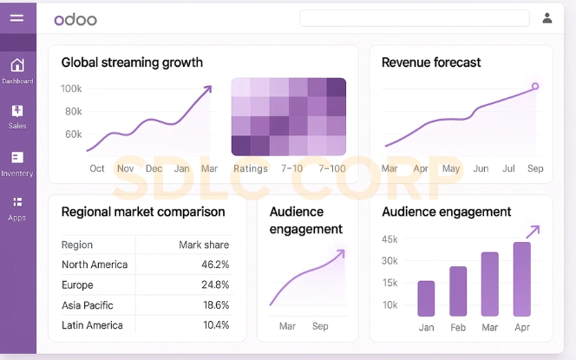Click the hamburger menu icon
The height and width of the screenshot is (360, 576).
tap(16, 17)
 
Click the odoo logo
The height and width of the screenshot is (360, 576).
tap(75, 19)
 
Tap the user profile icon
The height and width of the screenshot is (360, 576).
tap(547, 18)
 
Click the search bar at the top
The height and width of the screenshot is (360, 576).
tap(414, 18)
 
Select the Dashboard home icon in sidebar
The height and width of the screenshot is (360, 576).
tap(17, 66)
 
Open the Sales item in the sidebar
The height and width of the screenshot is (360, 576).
tap(17, 112)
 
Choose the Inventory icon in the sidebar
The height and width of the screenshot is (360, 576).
tap(17, 158)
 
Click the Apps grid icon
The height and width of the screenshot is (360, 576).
tap(17, 203)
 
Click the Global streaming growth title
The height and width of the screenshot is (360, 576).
tap(132, 62)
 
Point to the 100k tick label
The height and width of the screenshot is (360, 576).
tap(71, 88)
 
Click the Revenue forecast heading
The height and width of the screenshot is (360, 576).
tap(431, 62)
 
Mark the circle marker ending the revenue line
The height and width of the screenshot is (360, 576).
tap(534, 86)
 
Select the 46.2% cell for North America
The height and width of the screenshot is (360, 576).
tap(215, 265)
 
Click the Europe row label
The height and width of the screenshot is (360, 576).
tap(78, 285)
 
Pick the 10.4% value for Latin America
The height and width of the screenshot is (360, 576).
tap(215, 325)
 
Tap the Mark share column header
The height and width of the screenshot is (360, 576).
tap(204, 245)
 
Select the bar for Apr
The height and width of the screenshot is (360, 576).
tap(521, 279)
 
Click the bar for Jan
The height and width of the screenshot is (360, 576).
tap(426, 298)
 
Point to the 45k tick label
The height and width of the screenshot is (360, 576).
tap(389, 239)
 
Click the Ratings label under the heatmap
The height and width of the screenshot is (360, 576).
tap(251, 168)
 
